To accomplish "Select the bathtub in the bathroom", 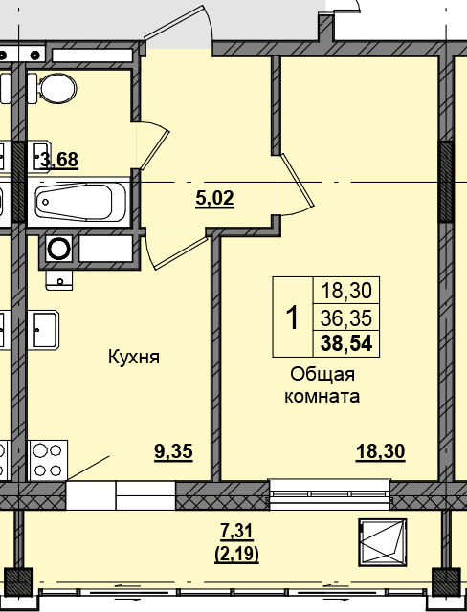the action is pyautogui.click(x=79, y=202).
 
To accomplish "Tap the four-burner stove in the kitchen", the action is pyautogui.click(x=48, y=460).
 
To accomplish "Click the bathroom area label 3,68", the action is pyautogui.click(x=59, y=160).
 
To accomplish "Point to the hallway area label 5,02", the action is pyautogui.click(x=214, y=199).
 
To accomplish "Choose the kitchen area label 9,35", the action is pyautogui.click(x=174, y=452).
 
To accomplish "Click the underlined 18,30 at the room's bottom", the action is pyautogui.click(x=380, y=452).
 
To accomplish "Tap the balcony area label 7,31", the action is pyautogui.click(x=236, y=532).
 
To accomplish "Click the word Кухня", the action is pyautogui.click(x=134, y=357).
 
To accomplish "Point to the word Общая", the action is pyautogui.click(x=322, y=375).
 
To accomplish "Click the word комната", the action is pyautogui.click(x=322, y=397).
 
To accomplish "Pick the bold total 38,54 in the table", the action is pyautogui.click(x=346, y=344).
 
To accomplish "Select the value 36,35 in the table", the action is pyautogui.click(x=346, y=318).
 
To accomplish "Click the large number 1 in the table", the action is pyautogui.click(x=292, y=317).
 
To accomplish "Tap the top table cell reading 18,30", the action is pyautogui.click(x=346, y=291).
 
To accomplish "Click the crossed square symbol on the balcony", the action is pyautogui.click(x=383, y=542).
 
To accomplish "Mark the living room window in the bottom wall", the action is pyautogui.click(x=329, y=494).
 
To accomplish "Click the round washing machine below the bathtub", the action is pyautogui.click(x=58, y=249).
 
